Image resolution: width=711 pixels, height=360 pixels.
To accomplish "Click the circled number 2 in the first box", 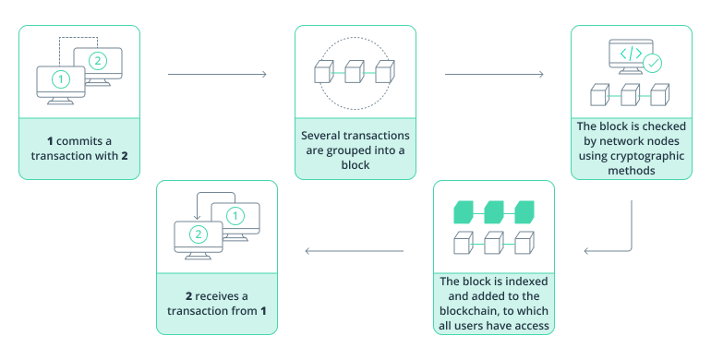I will point(97,61).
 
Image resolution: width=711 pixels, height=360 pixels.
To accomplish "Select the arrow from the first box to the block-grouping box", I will point(217,74).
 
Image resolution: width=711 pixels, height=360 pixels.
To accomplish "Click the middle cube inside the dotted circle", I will point(355,72).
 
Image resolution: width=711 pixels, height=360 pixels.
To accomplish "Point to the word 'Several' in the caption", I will point(324,135).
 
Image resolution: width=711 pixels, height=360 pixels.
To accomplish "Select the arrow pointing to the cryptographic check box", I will point(493,74).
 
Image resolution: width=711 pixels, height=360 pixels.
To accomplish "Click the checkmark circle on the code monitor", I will point(653,63).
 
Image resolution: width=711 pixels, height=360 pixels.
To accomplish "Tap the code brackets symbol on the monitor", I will point(631,53).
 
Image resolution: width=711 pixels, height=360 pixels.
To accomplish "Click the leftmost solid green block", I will point(464,211).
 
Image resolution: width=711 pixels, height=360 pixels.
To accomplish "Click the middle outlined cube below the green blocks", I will point(494,245).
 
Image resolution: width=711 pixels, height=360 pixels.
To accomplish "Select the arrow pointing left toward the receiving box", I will point(355,250).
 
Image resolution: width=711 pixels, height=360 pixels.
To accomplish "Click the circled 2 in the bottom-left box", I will point(199,234).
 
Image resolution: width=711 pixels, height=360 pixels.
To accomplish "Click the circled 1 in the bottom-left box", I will point(235,216).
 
